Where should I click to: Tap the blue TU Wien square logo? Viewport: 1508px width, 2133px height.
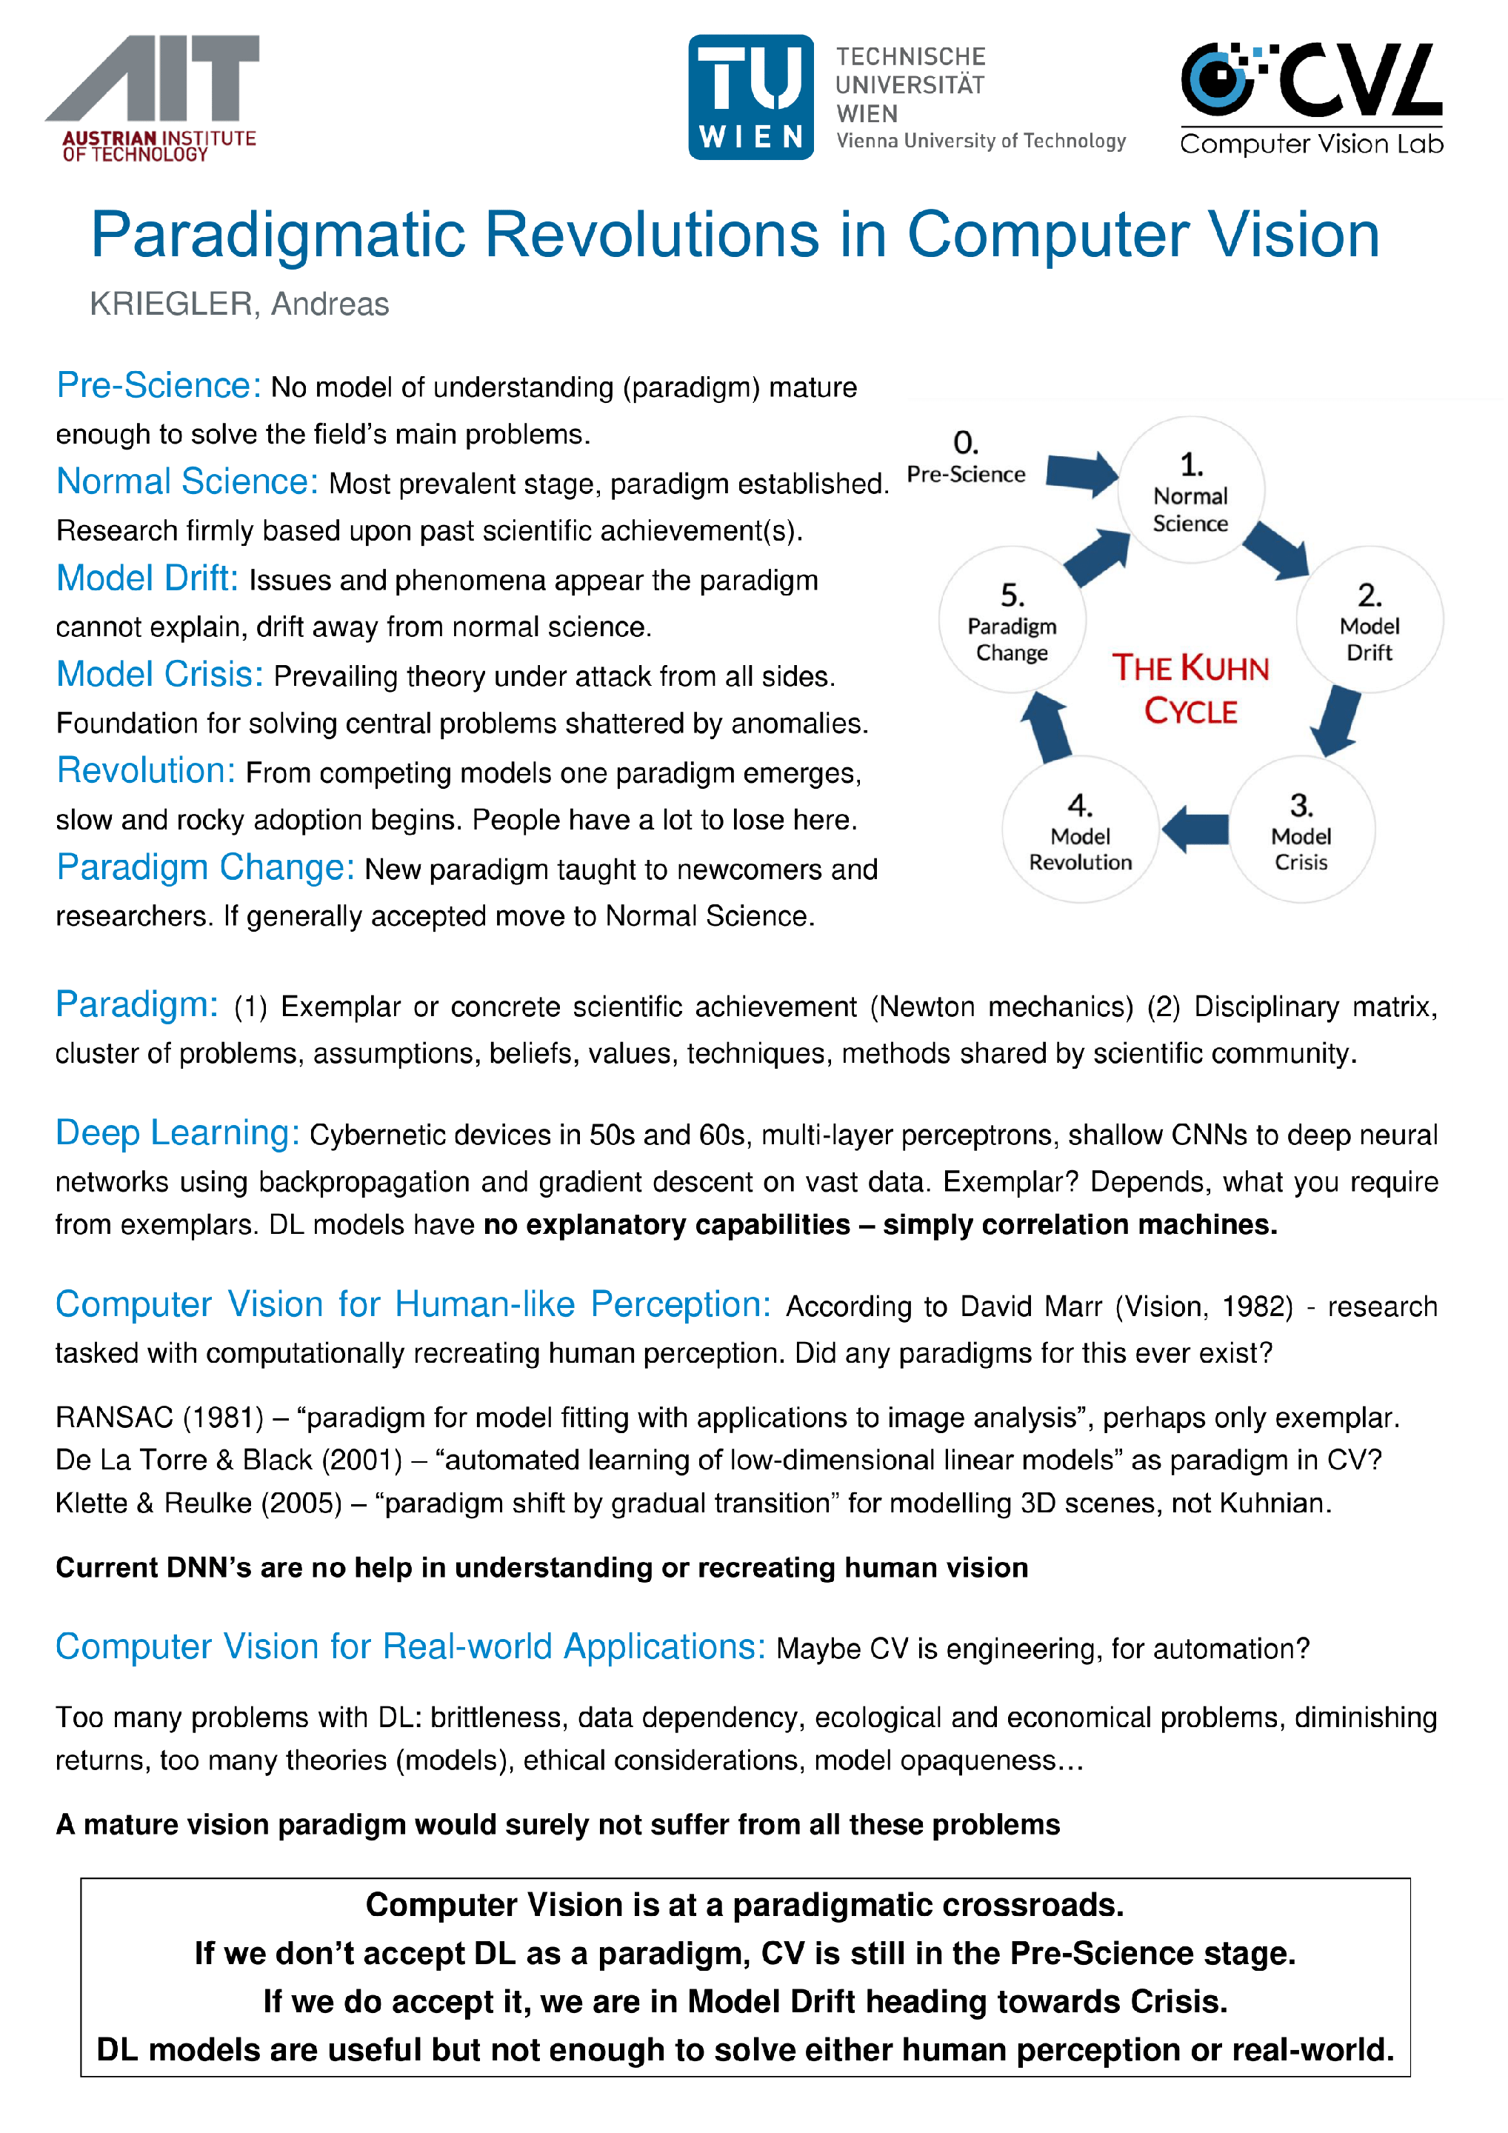pyautogui.click(x=751, y=98)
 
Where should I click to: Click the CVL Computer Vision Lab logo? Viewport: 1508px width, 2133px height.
pyautogui.click(x=1311, y=99)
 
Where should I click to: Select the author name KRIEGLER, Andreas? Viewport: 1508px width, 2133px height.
pyautogui.click(x=238, y=304)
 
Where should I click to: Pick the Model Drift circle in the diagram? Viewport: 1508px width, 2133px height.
pyautogui.click(x=1369, y=621)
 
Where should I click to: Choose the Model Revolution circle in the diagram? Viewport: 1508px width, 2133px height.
pyautogui.click(x=1080, y=830)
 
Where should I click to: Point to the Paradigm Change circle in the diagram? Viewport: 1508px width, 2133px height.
pyautogui.click(x=1012, y=621)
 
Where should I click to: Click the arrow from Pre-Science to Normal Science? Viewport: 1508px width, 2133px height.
pyautogui.click(x=1081, y=473)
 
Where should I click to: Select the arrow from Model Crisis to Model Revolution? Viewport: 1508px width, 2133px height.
pyautogui.click(x=1195, y=828)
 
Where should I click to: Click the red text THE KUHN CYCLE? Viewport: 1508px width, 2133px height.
pyautogui.click(x=1190, y=688)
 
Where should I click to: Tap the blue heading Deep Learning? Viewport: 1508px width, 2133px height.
pyautogui.click(x=176, y=1132)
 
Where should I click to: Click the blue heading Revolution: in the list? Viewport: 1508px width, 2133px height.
pyautogui.click(x=146, y=770)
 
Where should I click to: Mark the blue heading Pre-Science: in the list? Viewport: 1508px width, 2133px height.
pyautogui.click(x=158, y=386)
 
